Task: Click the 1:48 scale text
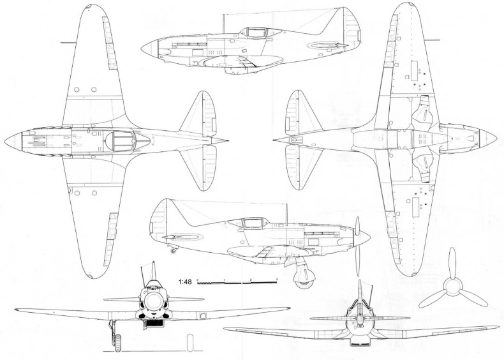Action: [184, 281]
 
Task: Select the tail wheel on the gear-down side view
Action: [173, 251]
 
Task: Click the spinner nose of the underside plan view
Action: [494, 137]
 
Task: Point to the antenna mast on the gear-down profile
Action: [286, 214]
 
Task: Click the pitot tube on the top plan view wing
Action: [64, 42]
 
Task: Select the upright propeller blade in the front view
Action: [153, 271]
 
